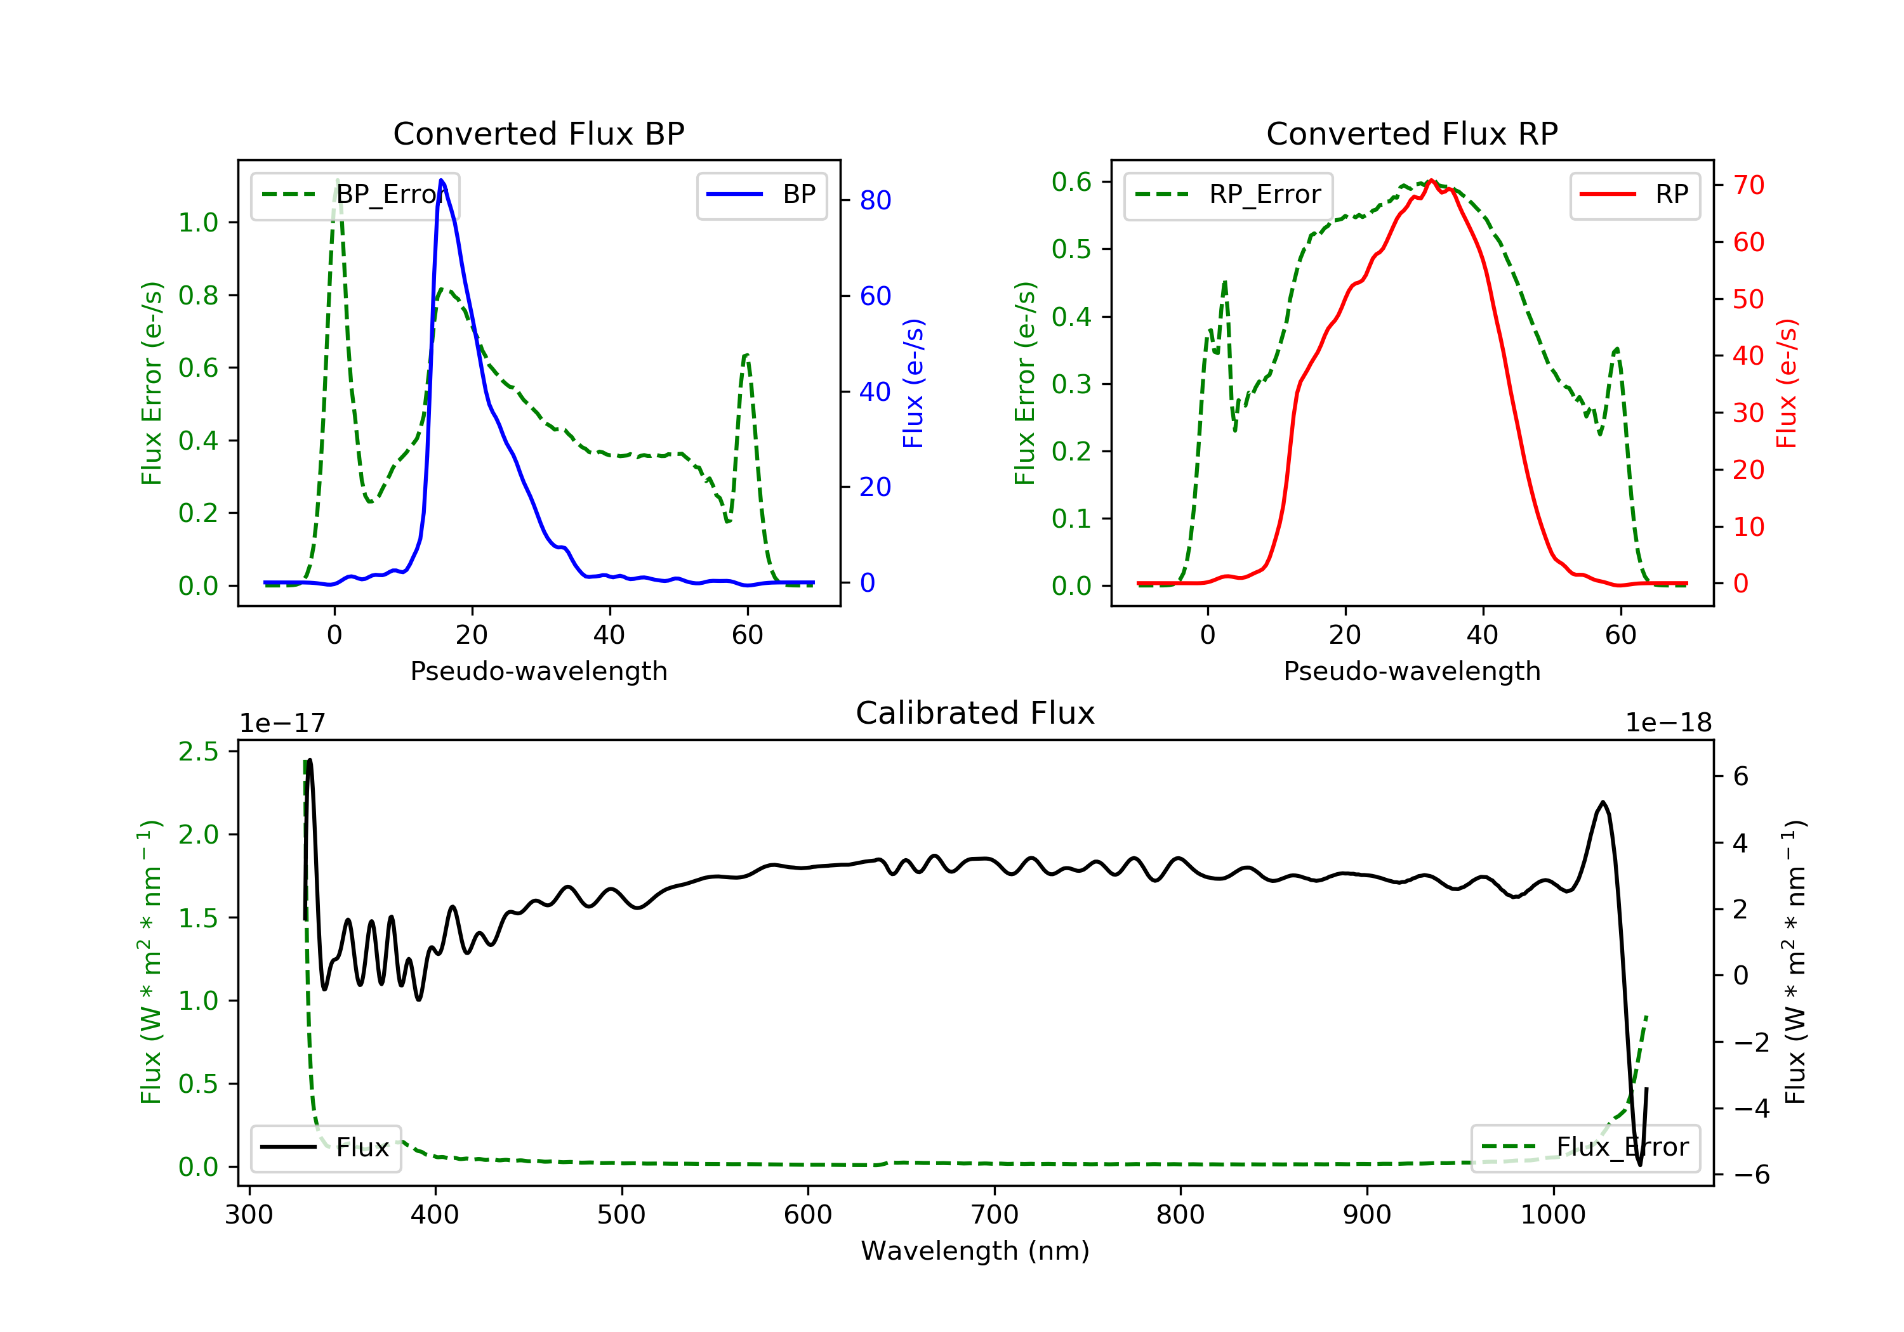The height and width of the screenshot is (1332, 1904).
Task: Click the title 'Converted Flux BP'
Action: pyautogui.click(x=538, y=133)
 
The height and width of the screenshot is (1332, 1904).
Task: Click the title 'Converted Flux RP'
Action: pyautogui.click(x=1411, y=133)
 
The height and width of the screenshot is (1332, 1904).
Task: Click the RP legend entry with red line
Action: pyautogui.click(x=1634, y=195)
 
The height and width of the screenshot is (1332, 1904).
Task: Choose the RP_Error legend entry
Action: pyautogui.click(x=1228, y=195)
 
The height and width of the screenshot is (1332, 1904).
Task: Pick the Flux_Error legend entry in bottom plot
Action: pyautogui.click(x=1585, y=1147)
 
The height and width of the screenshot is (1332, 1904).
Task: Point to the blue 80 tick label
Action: pyautogui.click(x=875, y=200)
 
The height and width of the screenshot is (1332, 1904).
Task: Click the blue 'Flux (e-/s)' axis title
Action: pyautogui.click(x=913, y=383)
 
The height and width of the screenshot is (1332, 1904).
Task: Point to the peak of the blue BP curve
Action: pyautogui.click(x=441, y=180)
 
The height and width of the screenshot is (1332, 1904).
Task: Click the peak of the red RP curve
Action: pyautogui.click(x=1431, y=181)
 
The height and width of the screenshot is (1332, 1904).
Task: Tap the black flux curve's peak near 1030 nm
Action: pyautogui.click(x=1602, y=802)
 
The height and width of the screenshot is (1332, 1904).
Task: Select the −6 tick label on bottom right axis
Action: pyautogui.click(x=1750, y=1175)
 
